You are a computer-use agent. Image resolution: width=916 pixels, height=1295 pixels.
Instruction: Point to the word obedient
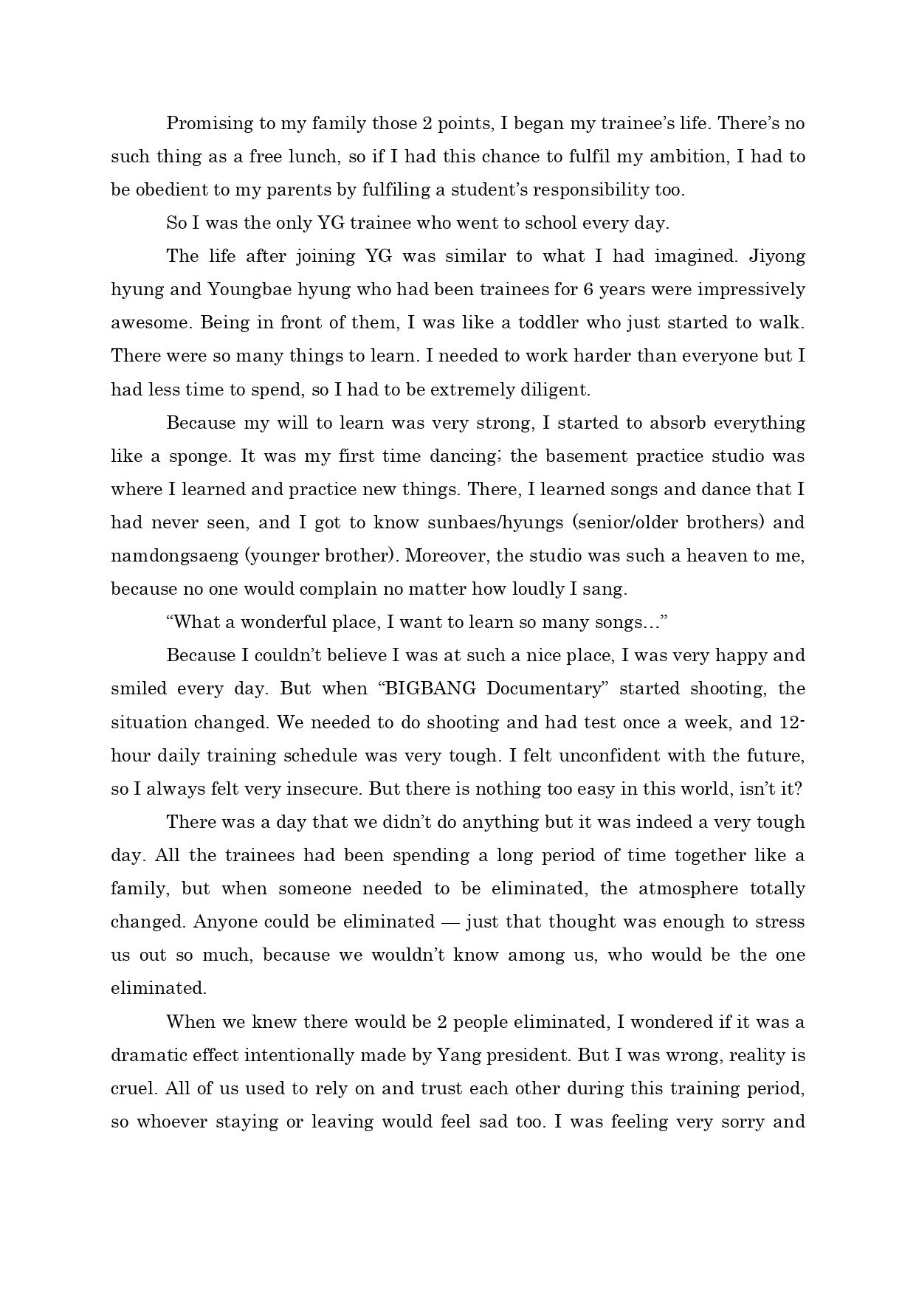tap(173, 190)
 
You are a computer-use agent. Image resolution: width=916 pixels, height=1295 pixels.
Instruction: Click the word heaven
tap(716, 556)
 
